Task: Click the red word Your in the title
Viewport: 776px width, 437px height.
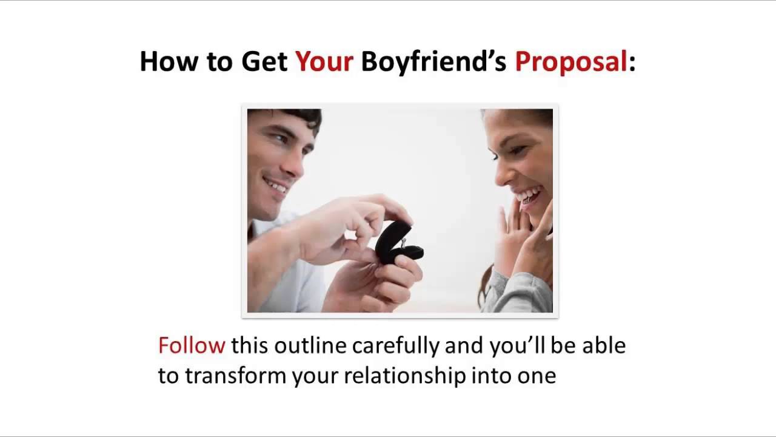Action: click(324, 62)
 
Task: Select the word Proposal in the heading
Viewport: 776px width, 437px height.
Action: click(570, 62)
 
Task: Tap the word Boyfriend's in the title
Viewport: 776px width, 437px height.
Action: click(433, 62)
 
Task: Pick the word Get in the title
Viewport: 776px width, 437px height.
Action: click(264, 62)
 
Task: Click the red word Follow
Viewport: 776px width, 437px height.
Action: click(192, 345)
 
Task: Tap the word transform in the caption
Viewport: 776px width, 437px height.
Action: click(235, 376)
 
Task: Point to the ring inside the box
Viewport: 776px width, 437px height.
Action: click(403, 242)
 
